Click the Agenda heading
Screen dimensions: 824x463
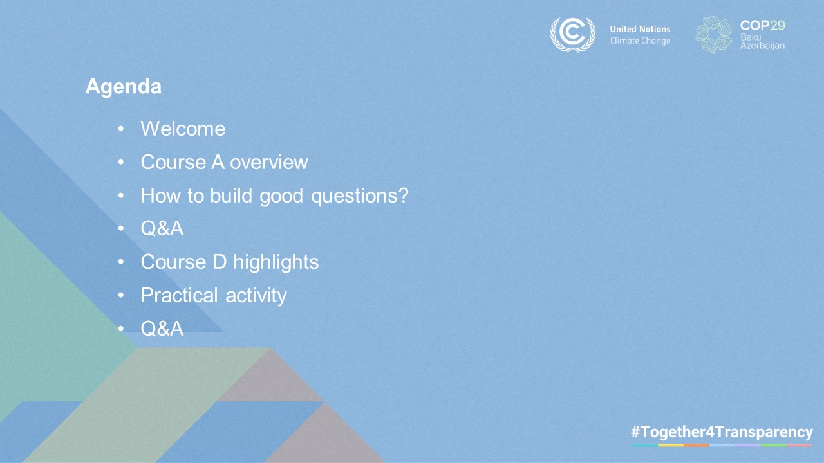pos(123,87)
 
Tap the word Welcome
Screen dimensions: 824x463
pos(183,129)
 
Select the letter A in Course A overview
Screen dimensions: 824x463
pos(218,163)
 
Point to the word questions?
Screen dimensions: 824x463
pos(360,196)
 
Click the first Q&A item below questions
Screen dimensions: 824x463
pos(162,228)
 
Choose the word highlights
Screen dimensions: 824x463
pos(276,262)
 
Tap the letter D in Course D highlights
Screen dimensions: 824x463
pos(220,262)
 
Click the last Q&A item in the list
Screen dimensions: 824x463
pos(162,329)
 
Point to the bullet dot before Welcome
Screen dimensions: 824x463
pos(121,129)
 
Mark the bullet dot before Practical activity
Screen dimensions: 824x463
pos(121,295)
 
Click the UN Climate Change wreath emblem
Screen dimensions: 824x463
pos(573,35)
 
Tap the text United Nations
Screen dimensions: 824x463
pos(640,29)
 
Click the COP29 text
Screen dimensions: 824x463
pos(763,25)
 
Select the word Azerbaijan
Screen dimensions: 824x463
pos(763,46)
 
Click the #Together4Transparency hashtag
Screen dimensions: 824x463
pos(722,432)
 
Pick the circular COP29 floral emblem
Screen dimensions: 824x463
pos(714,35)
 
